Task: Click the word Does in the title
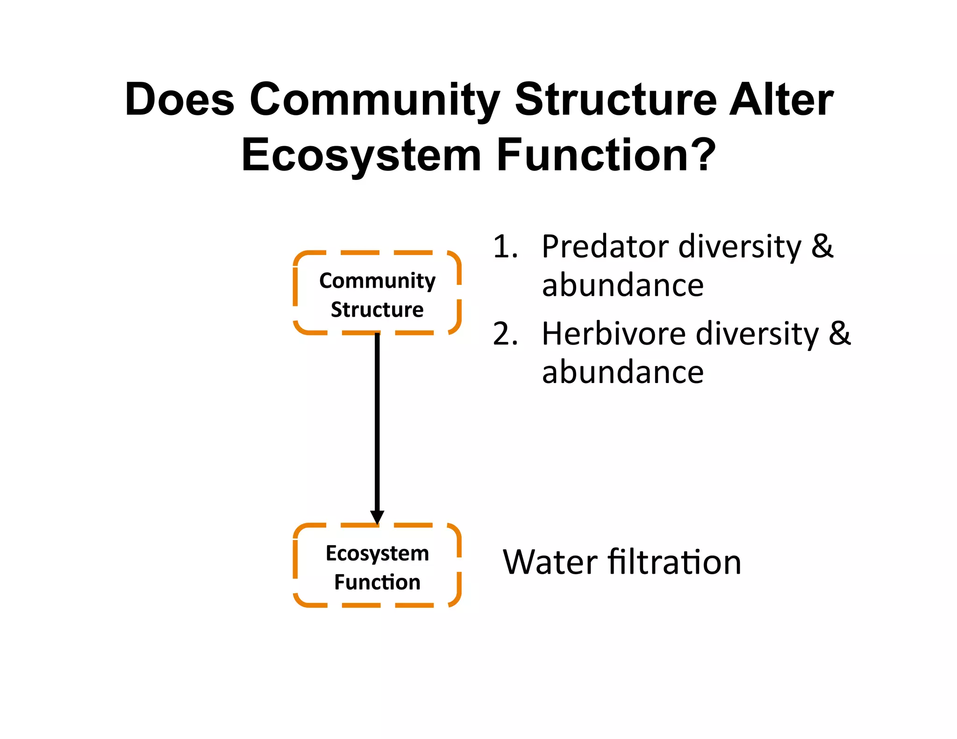tap(179, 99)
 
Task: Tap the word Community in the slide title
tap(374, 99)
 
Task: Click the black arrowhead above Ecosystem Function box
tap(377, 517)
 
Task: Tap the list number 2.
tap(505, 334)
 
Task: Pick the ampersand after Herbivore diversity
tap(840, 334)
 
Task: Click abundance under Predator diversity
tap(622, 285)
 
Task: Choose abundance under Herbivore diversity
tap(622, 373)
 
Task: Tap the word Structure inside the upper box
tap(377, 310)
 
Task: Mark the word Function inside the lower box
tap(377, 583)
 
